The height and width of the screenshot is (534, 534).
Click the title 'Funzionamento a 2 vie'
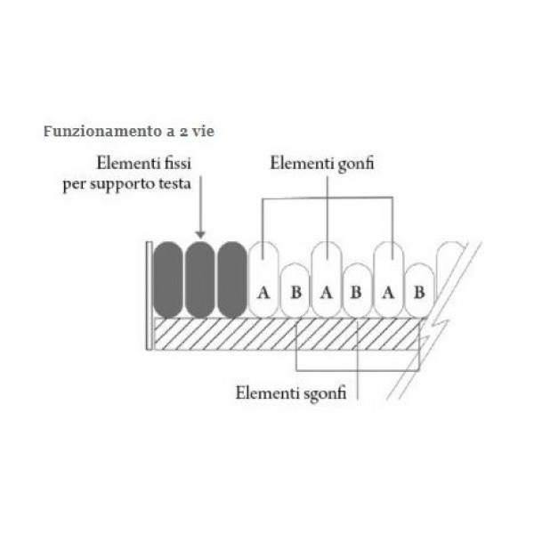click(x=129, y=131)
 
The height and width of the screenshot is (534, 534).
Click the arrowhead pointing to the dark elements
click(x=200, y=235)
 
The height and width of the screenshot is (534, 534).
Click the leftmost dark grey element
click(x=168, y=279)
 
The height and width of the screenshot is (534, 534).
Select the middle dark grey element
click(x=200, y=279)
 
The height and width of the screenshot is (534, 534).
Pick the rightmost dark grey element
click(x=232, y=279)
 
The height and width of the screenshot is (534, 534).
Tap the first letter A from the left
click(x=263, y=293)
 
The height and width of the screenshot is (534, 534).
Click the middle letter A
click(x=327, y=293)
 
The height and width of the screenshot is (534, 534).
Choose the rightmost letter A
click(x=388, y=293)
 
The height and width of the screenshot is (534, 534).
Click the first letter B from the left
click(x=295, y=292)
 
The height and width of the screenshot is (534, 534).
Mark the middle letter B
click(x=356, y=292)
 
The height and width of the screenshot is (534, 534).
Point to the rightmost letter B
click(x=419, y=292)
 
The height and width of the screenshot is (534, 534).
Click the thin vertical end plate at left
click(x=149, y=295)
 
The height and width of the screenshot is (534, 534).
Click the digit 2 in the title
click(x=183, y=132)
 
